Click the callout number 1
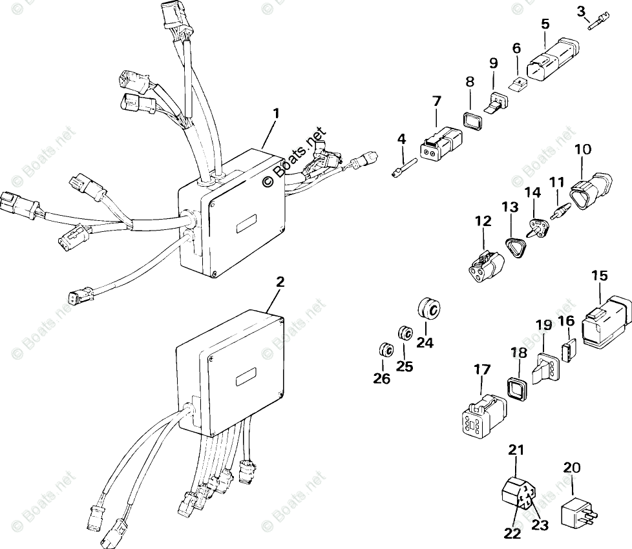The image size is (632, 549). (x=276, y=114)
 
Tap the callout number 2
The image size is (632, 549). (x=279, y=282)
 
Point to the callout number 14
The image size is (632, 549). (x=534, y=192)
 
